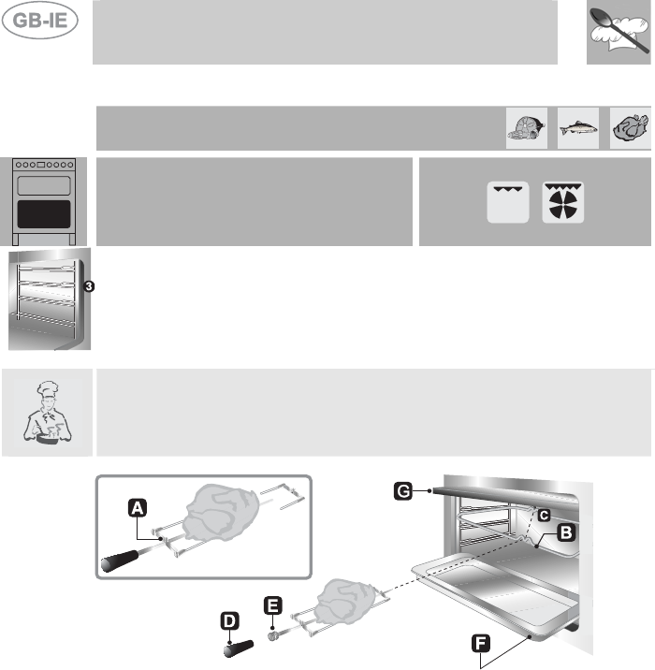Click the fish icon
coord(577,127)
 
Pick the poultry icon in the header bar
coord(628,127)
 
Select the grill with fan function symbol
coord(564,201)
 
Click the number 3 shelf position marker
coord(88,287)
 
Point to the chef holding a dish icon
coord(46,413)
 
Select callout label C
coord(543,512)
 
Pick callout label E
coord(271,606)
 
